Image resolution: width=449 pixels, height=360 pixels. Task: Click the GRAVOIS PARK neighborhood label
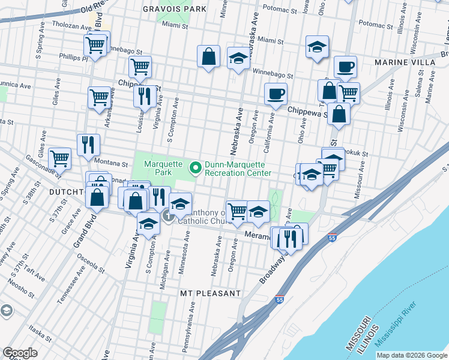175,9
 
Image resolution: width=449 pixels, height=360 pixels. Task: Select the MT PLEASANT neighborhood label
211,293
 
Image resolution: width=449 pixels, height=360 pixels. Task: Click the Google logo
20,353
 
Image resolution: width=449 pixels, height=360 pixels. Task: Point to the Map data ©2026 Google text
411,355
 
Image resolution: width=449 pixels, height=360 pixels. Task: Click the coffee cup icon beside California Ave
276,94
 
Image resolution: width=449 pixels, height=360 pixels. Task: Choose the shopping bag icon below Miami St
208,56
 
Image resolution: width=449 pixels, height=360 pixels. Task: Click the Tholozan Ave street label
67,25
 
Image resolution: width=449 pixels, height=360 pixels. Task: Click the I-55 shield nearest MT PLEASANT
280,299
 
